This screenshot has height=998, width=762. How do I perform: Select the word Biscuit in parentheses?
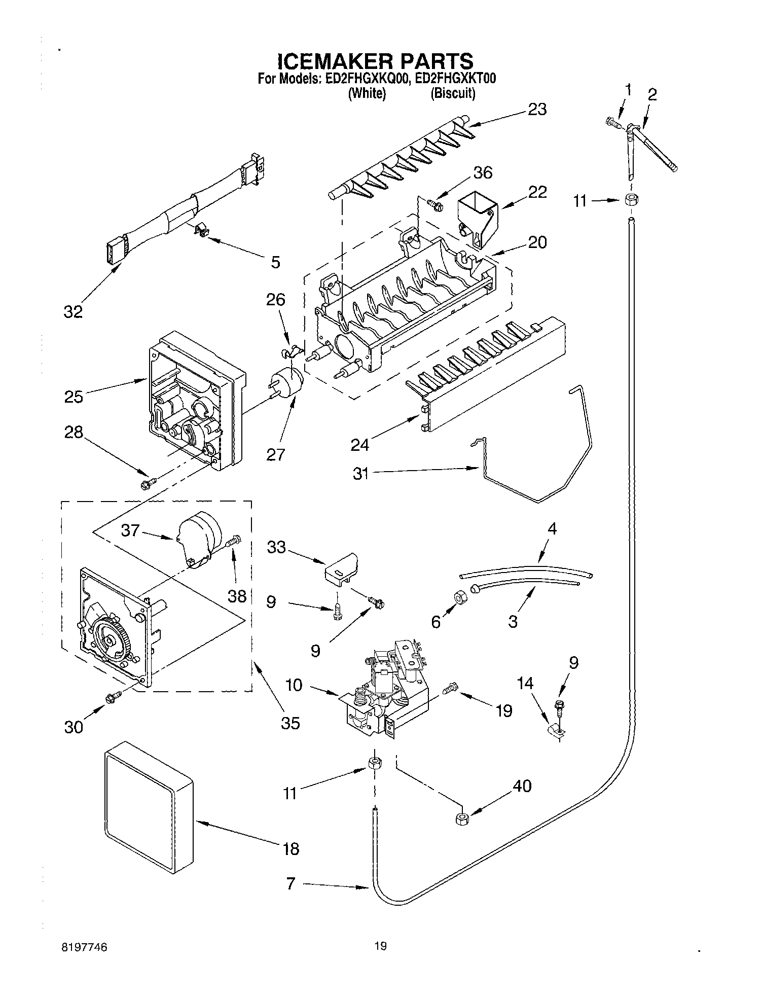click(x=453, y=94)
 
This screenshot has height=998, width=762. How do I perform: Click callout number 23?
click(x=537, y=109)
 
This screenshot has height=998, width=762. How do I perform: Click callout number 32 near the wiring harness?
click(x=73, y=312)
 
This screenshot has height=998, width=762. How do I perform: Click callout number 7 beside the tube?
click(x=291, y=884)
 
